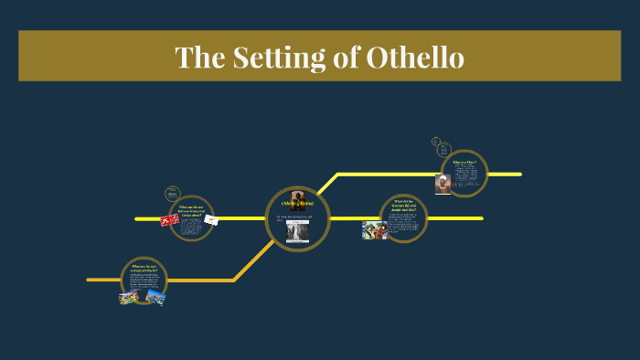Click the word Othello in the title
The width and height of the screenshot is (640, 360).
click(415, 57)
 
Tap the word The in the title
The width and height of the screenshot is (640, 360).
click(197, 57)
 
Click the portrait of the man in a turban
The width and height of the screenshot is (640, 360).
click(443, 184)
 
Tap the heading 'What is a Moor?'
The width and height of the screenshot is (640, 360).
click(464, 163)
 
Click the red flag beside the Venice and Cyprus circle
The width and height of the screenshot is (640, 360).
click(169, 219)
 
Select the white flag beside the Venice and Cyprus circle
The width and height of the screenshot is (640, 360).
click(211, 219)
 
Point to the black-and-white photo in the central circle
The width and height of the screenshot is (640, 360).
click(298, 231)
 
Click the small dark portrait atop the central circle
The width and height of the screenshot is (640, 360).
click(298, 199)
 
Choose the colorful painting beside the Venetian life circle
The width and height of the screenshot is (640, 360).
click(374, 230)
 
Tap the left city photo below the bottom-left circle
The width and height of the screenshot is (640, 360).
click(129, 298)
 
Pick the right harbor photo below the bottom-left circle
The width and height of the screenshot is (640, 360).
click(155, 296)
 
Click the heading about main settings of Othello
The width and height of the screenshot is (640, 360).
click(145, 269)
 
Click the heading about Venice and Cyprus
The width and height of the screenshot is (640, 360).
click(192, 209)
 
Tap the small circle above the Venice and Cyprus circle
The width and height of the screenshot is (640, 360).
click(172, 193)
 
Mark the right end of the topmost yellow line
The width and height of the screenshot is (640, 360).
click(520, 174)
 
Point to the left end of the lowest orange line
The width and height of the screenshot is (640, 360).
click(89, 280)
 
